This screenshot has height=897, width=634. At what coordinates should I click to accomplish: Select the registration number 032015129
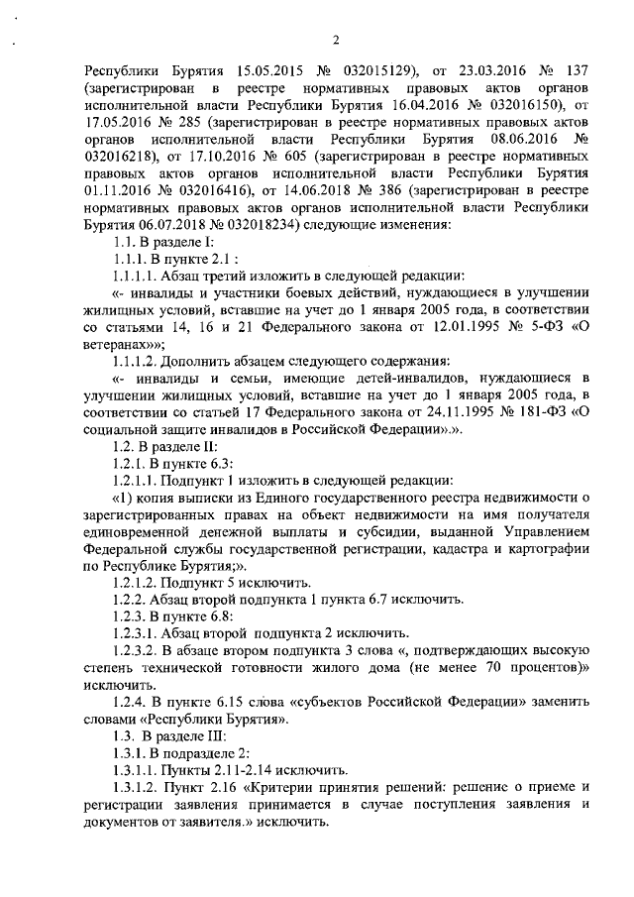coord(364,72)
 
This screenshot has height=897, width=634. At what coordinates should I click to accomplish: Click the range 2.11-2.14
coord(230,769)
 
